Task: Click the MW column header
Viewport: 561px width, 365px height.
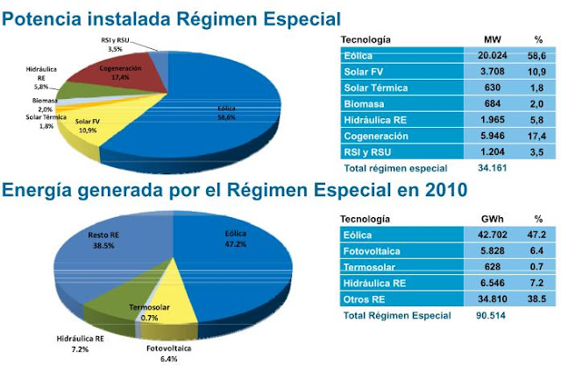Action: click(492, 39)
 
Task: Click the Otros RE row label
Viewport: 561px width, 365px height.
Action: click(363, 298)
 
